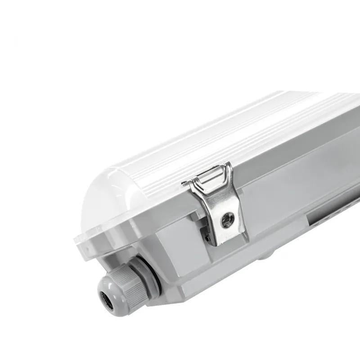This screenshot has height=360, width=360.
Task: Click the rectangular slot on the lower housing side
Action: (x=333, y=216)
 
